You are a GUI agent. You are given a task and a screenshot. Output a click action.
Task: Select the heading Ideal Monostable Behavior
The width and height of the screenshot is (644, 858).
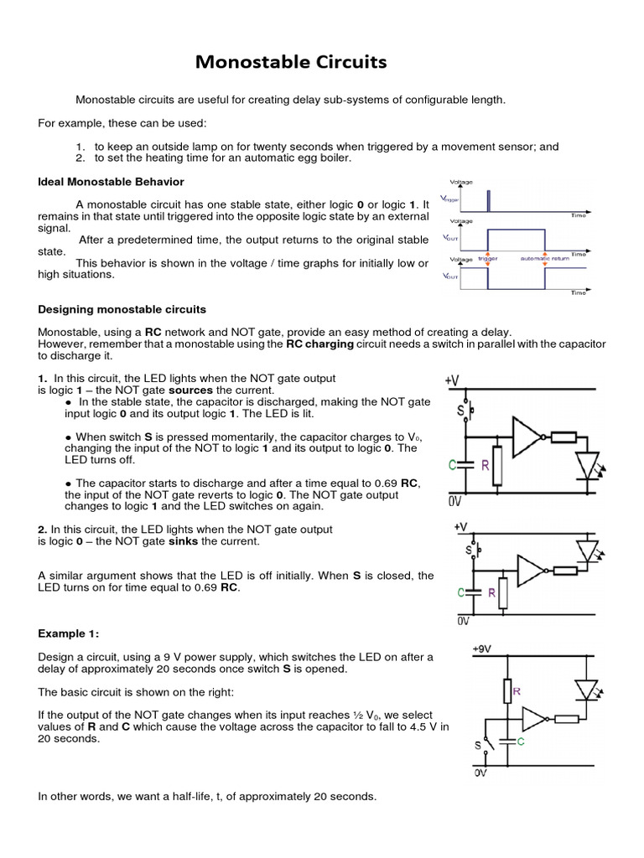[x=112, y=182]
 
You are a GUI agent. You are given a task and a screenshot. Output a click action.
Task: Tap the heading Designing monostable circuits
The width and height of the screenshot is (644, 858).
[x=122, y=310]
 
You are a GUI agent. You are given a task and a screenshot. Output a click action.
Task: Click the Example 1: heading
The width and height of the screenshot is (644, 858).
[x=74, y=633]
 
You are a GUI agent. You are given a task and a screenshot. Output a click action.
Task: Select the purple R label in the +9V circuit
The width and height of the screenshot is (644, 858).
[x=517, y=691]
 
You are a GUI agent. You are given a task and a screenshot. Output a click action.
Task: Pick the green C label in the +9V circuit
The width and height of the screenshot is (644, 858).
[x=518, y=741]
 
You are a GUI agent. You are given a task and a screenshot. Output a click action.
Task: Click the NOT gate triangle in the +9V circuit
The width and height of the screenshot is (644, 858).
[x=533, y=718]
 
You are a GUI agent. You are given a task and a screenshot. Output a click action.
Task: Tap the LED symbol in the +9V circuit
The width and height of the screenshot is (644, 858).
[x=586, y=690]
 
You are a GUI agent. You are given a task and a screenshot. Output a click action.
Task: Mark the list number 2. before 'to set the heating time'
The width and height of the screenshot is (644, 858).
[x=80, y=158]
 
